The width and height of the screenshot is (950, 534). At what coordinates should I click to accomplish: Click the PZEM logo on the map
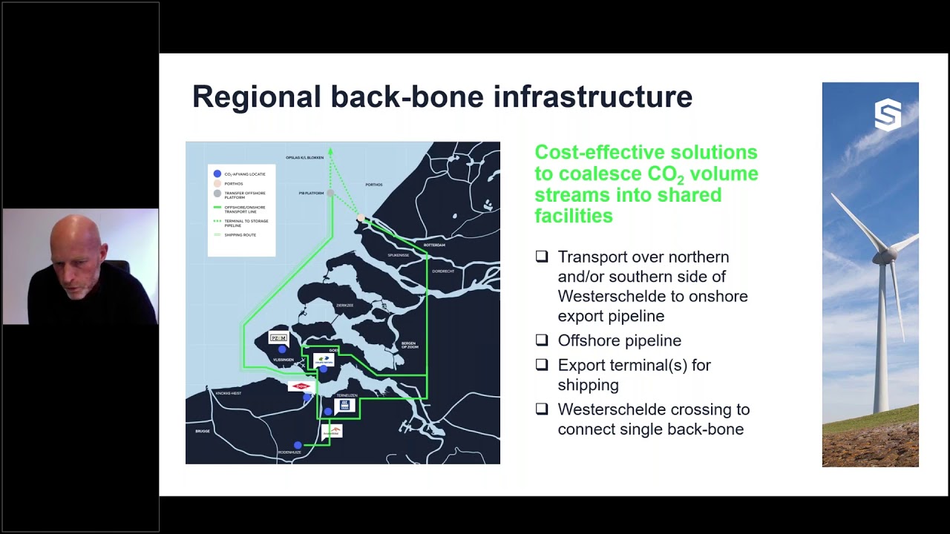pyautogui.click(x=278, y=338)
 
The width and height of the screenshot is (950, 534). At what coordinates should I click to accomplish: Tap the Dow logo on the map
pyautogui.click(x=301, y=386)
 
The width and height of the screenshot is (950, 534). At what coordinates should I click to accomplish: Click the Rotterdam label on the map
pyautogui.click(x=434, y=245)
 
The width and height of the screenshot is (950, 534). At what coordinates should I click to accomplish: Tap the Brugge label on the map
pyautogui.click(x=203, y=431)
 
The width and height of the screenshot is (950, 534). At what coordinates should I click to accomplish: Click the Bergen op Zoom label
pyautogui.click(x=409, y=345)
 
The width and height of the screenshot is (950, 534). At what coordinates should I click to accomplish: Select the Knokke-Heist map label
pyautogui.click(x=228, y=393)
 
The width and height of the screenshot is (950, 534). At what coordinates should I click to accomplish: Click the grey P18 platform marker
pyautogui.click(x=330, y=193)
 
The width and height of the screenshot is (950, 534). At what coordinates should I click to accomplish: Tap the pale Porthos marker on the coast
pyautogui.click(x=361, y=218)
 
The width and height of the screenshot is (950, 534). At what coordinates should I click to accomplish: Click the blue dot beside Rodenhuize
pyautogui.click(x=298, y=446)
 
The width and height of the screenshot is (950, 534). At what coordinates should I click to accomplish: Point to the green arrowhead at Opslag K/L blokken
pyautogui.click(x=330, y=151)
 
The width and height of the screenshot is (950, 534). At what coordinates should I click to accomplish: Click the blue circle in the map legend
pyautogui.click(x=217, y=174)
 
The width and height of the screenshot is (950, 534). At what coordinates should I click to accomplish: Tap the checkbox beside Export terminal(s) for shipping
pyautogui.click(x=542, y=364)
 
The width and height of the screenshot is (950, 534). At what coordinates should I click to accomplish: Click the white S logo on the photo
pyautogui.click(x=888, y=116)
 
